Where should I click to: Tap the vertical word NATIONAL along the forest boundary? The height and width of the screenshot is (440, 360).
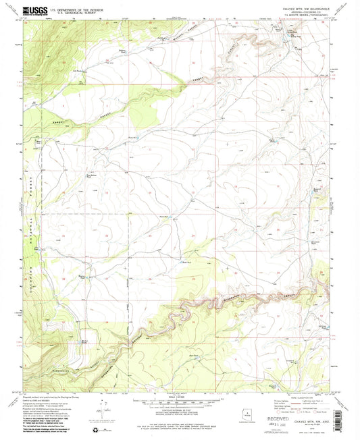pos(30,223)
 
